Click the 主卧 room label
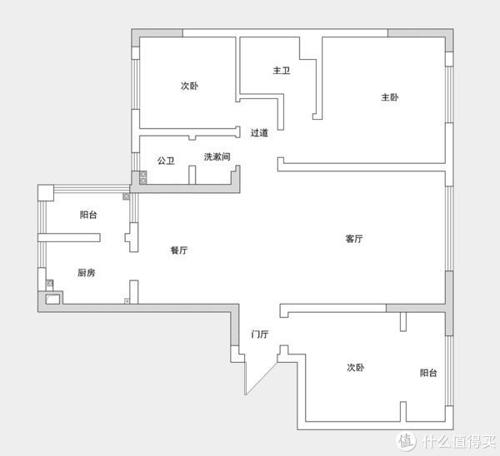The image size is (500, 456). click(x=390, y=97)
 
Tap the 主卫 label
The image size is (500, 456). click(x=282, y=71)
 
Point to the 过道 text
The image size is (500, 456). click(x=259, y=132)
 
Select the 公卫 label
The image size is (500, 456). click(x=166, y=161)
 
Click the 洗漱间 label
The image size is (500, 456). click(x=217, y=156)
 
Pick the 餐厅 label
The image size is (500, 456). click(x=179, y=250)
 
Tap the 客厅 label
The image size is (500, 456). click(x=354, y=239)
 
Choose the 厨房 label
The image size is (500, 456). click(x=87, y=273)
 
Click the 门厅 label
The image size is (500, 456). click(x=260, y=334)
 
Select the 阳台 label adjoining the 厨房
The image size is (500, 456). click(x=88, y=215)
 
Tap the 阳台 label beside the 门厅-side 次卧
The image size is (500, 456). click(x=428, y=373)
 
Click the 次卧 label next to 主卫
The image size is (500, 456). click(x=189, y=86)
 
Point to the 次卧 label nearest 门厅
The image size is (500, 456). click(x=356, y=367)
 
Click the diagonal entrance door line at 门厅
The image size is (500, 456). click(x=261, y=379)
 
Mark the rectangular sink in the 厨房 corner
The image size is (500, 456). click(x=52, y=300)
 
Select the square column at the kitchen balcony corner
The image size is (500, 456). click(x=46, y=193)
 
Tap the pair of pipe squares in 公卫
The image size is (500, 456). click(x=143, y=178)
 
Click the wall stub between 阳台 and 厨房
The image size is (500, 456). click(x=69, y=237)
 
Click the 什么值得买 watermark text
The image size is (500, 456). click(x=459, y=441)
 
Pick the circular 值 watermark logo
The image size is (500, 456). click(x=406, y=442)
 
